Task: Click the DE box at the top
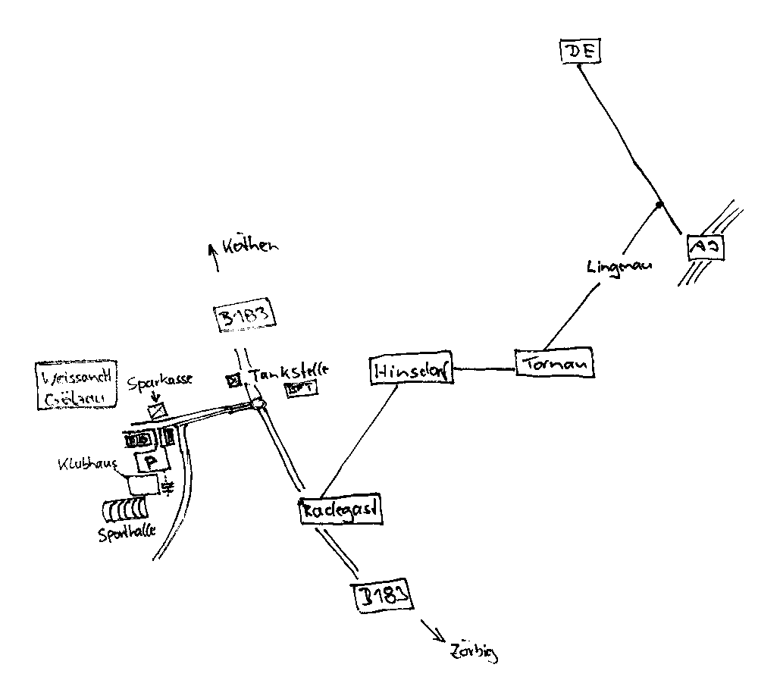[x=580, y=52]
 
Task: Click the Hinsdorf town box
[x=412, y=370]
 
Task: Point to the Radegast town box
[x=340, y=509]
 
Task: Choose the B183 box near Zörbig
[x=386, y=597]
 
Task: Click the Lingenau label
[x=619, y=265]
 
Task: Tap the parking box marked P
[x=149, y=461]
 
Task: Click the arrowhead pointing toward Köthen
[x=215, y=247]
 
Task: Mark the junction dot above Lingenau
[x=659, y=205]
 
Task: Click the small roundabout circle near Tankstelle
[x=261, y=403]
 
